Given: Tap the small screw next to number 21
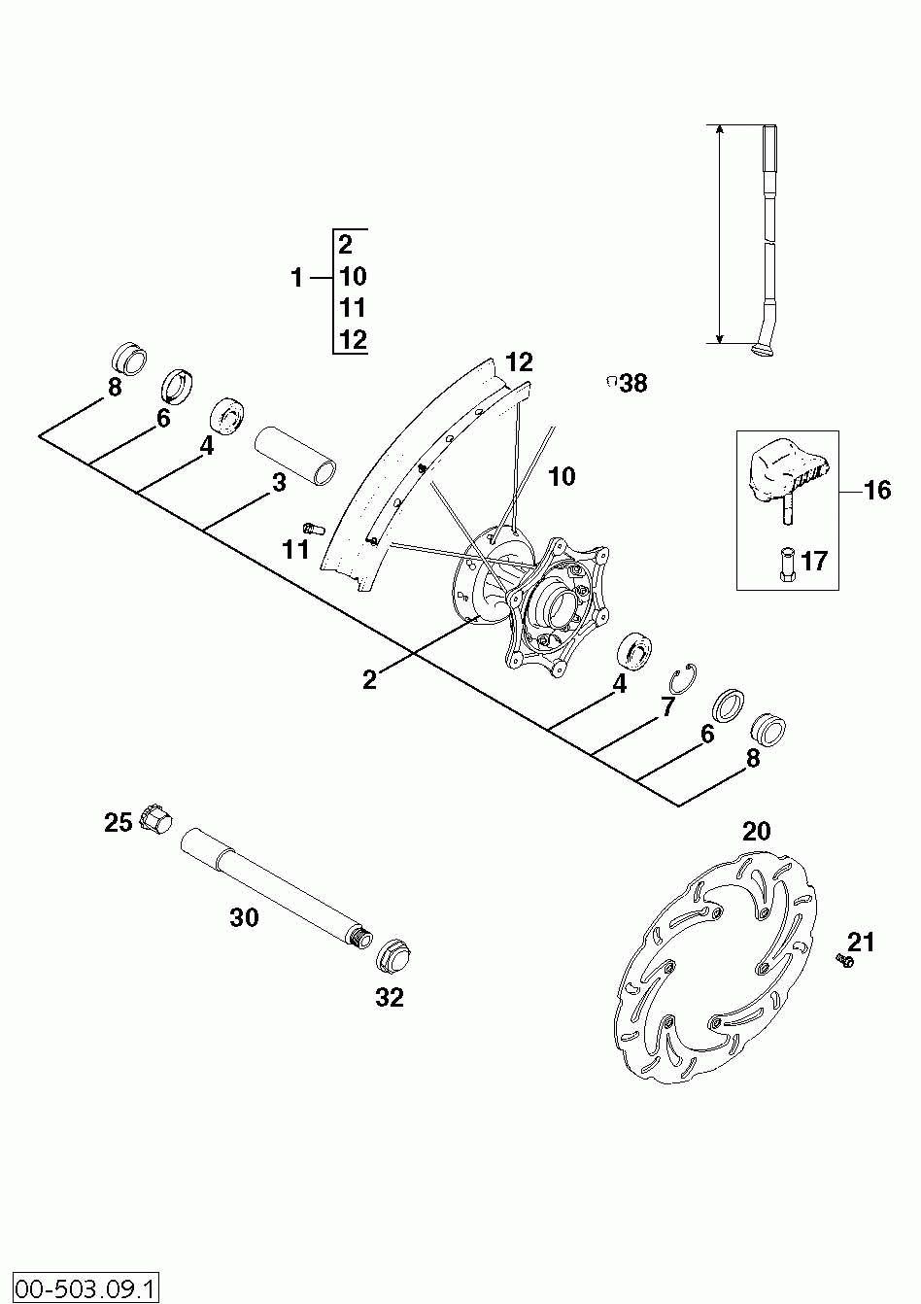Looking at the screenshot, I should (x=843, y=961).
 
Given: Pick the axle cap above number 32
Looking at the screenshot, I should (x=394, y=956).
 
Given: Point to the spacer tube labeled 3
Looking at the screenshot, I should (x=295, y=454).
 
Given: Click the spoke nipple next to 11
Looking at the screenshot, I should (x=312, y=528).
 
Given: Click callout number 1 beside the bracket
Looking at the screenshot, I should (x=297, y=278).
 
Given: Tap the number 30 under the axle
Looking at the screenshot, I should (x=244, y=917).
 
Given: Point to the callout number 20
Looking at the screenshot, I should (x=756, y=832).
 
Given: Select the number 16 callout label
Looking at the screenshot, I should (x=877, y=490).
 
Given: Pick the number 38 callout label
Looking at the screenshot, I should (x=633, y=383).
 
